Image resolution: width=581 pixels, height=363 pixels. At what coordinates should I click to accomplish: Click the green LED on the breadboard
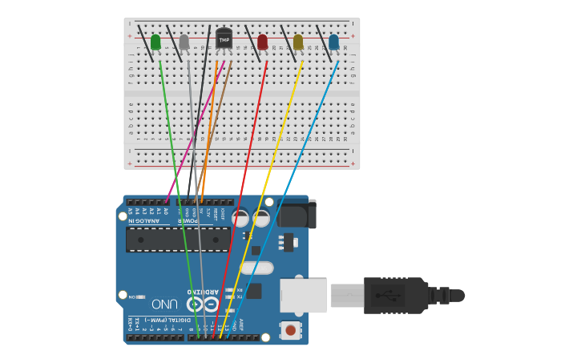click(155, 42)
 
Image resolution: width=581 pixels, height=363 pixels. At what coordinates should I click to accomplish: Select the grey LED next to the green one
click(184, 42)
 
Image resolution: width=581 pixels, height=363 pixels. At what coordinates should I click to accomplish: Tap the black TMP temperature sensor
click(224, 38)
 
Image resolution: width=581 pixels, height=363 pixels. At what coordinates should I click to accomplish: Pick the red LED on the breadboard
click(263, 42)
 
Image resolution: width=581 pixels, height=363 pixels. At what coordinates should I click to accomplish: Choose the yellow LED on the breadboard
click(298, 42)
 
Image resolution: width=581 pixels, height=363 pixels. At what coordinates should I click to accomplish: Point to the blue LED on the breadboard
click(333, 42)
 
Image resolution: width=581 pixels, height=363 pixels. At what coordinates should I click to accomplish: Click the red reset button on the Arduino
click(290, 329)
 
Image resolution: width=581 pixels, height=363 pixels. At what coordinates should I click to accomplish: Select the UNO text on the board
click(164, 304)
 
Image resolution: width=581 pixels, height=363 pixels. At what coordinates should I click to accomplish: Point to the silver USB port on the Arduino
click(303, 295)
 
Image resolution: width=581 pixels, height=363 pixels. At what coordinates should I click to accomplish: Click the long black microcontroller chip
click(177, 239)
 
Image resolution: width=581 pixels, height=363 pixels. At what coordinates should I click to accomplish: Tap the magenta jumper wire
click(196, 128)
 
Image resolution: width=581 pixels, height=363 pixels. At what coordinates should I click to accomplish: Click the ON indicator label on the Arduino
click(132, 296)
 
